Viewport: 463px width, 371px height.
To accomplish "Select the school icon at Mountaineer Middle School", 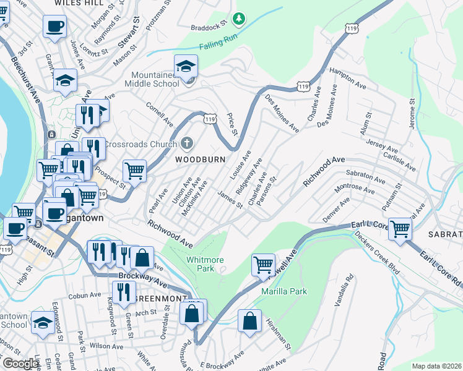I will click(x=185, y=66).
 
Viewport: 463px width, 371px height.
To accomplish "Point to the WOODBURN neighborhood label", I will click(x=199, y=159).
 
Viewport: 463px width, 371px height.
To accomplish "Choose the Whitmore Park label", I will click(x=205, y=265).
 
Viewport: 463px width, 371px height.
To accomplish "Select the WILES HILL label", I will click(x=79, y=3).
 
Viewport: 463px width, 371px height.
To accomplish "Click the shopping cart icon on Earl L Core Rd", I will click(x=400, y=228).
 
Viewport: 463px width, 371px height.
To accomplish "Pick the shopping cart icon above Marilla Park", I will click(x=263, y=265).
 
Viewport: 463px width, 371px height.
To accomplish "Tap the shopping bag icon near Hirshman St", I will click(x=249, y=321).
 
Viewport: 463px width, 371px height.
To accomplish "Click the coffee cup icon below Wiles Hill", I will click(x=54, y=27).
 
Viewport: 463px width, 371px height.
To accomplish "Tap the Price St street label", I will click(x=232, y=124).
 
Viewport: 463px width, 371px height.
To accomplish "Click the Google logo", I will click(x=20, y=364).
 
